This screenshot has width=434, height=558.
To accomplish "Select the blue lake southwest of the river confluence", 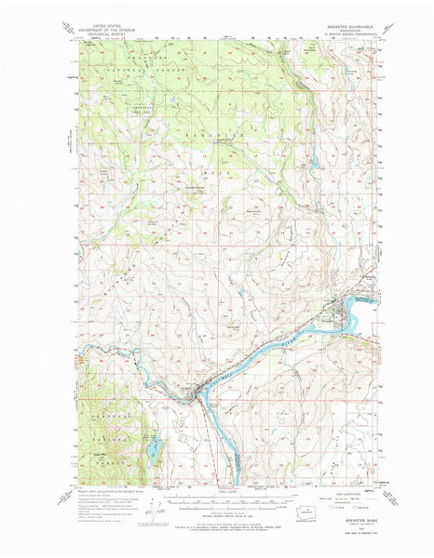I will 150,450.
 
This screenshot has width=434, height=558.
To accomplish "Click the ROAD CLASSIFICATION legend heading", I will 349,491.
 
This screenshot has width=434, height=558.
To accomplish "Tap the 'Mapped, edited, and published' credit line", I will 102,492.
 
